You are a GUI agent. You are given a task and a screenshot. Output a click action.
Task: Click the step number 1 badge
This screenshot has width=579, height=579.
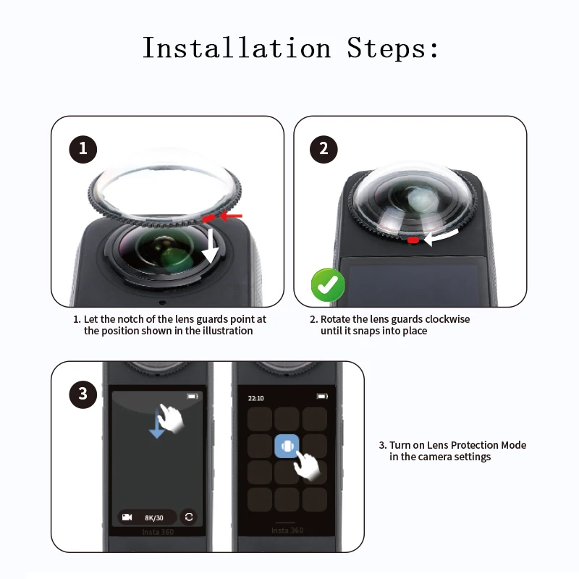pyautogui.click(x=83, y=149)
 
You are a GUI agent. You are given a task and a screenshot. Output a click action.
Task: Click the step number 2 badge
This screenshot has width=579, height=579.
pyautogui.click(x=324, y=149)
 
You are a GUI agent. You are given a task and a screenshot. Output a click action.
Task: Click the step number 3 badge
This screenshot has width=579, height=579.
pyautogui.click(x=83, y=394)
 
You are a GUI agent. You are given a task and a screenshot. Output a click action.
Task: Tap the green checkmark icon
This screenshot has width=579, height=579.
pyautogui.click(x=328, y=286)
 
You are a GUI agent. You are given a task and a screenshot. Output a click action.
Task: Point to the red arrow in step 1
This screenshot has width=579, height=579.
pyautogui.click(x=231, y=216)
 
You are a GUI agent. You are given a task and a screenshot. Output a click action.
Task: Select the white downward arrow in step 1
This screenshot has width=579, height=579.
pyautogui.click(x=211, y=245)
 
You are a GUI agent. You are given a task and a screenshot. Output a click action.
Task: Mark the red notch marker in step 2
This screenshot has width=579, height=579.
pyautogui.click(x=413, y=240)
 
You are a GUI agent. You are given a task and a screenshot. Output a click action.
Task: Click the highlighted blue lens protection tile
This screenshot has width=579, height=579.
pyautogui.click(x=287, y=447)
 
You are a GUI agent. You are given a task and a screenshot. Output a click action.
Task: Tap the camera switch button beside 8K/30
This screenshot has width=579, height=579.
pyautogui.click(x=189, y=517)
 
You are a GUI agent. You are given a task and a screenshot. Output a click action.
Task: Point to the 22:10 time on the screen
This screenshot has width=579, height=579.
pyautogui.click(x=255, y=398)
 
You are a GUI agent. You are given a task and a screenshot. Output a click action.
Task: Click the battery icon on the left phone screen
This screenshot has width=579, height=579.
pyautogui.click(x=192, y=397)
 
